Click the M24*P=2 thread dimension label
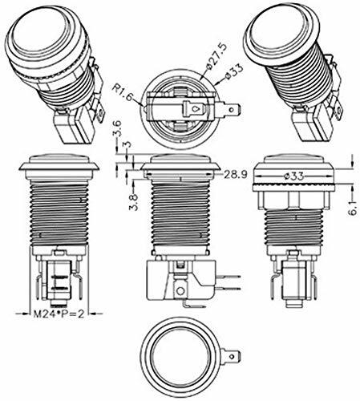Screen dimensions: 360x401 [59, 314]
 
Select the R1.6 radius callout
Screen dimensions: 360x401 [122, 92]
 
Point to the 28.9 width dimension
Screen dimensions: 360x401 [236, 175]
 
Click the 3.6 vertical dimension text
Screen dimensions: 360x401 [118, 129]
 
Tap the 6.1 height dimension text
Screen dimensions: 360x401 [353, 209]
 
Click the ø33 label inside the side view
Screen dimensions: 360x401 [293, 176]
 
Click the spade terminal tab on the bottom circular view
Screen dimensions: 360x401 [231, 356]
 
